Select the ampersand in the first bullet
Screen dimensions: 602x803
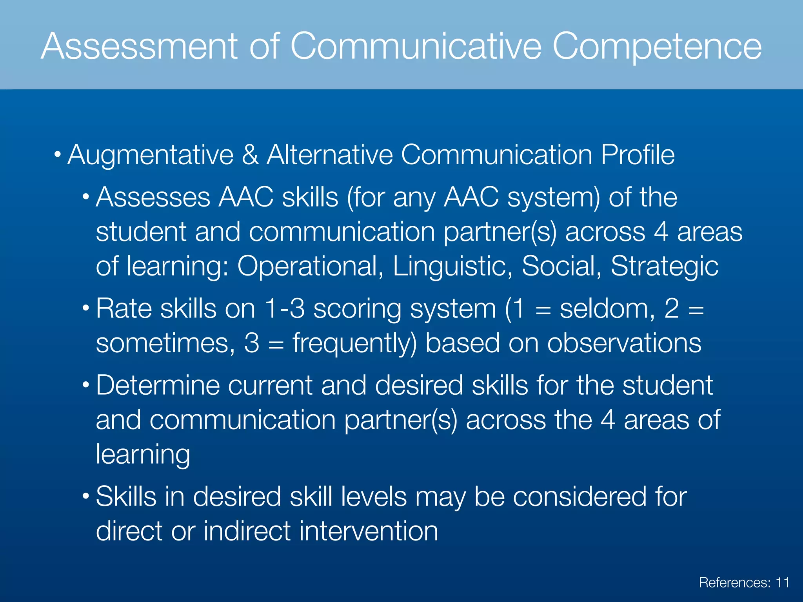tap(250, 154)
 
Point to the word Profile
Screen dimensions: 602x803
tap(638, 154)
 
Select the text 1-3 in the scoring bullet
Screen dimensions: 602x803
tap(285, 308)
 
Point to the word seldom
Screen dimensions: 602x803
tap(607, 308)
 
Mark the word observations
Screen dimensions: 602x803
tap(624, 343)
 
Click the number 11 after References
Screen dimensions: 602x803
tap(783, 583)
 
